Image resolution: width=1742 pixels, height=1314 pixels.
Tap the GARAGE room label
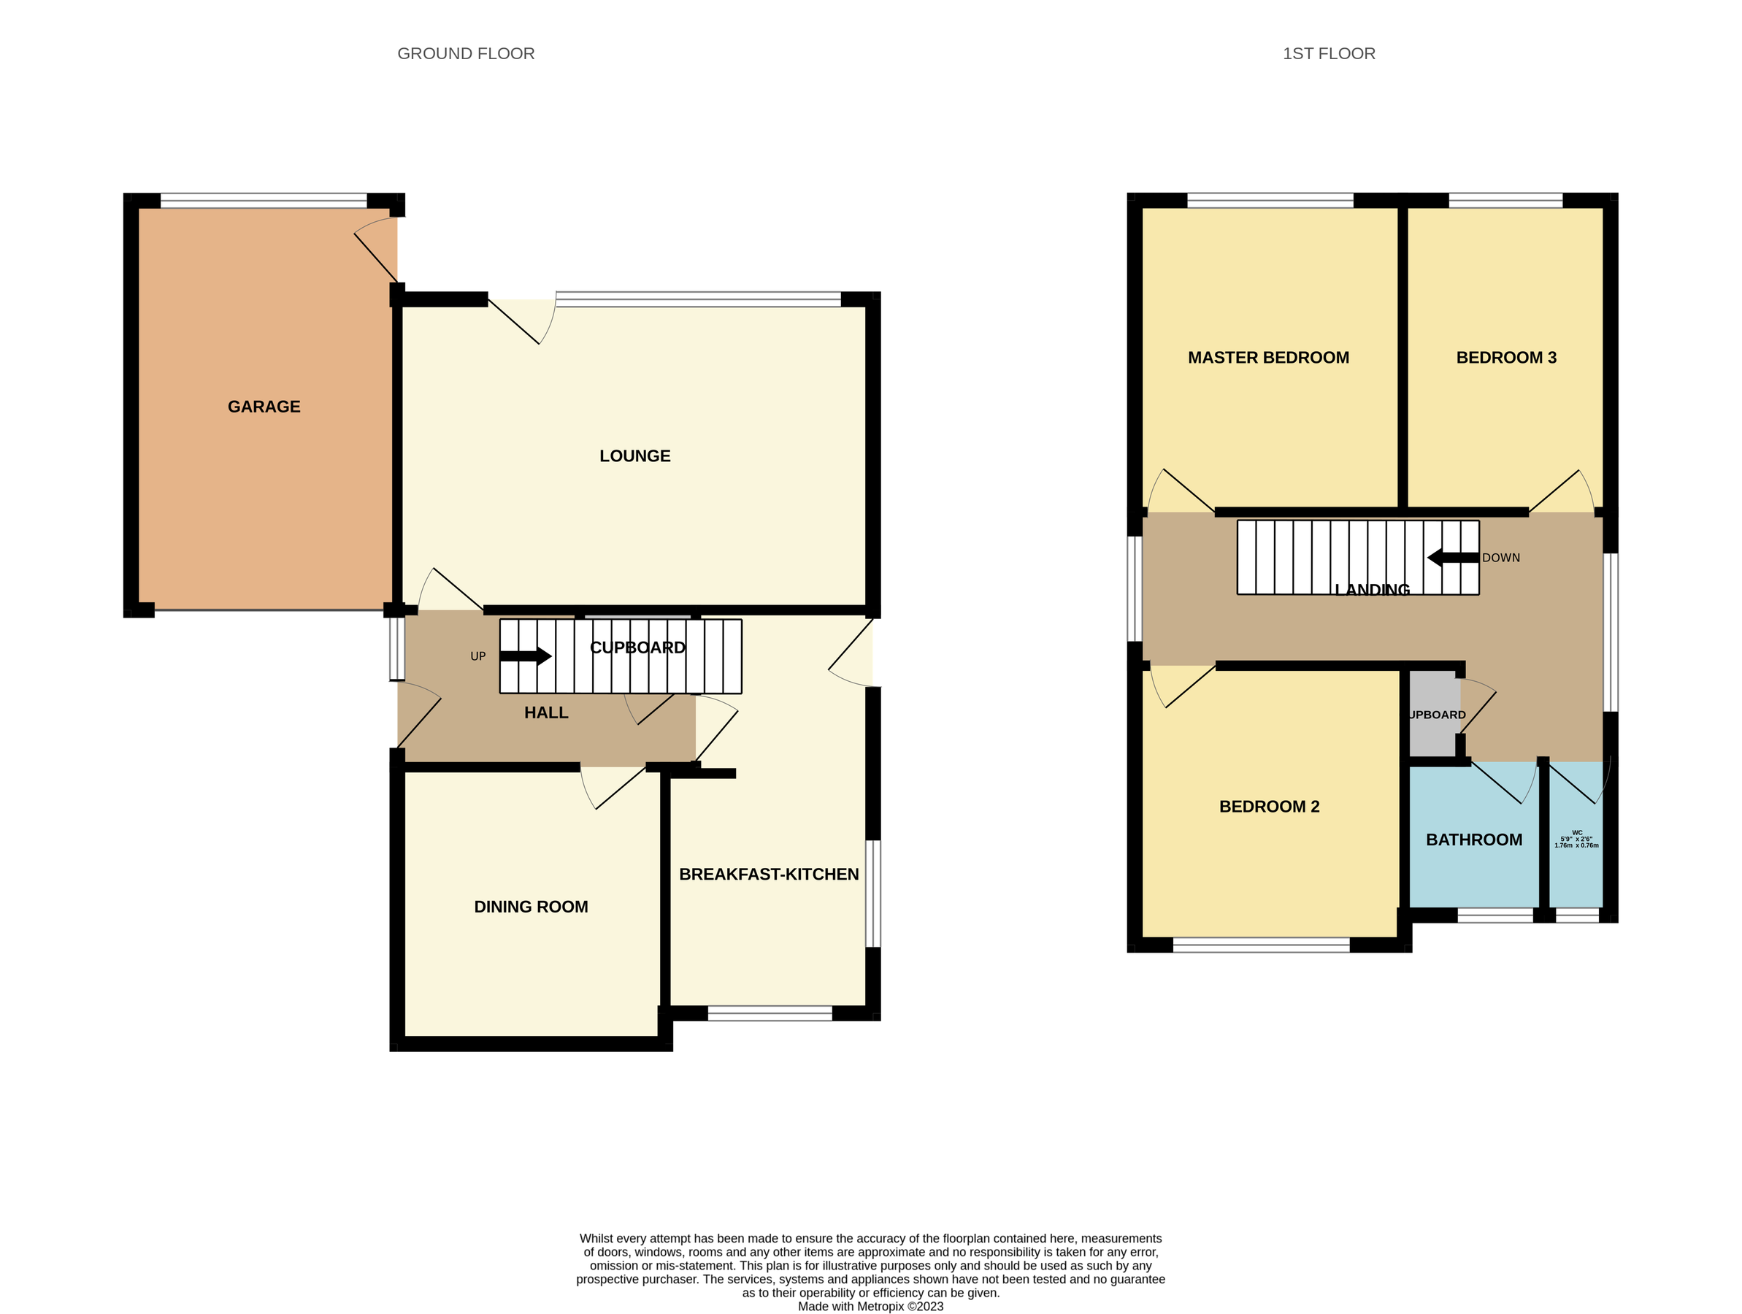pyautogui.click(x=264, y=407)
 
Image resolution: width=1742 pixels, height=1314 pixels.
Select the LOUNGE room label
pyautogui.click(x=634, y=456)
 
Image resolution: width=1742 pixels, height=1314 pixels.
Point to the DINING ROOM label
pyautogui.click(x=531, y=906)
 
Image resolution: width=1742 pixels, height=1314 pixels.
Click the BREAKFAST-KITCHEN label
pyautogui.click(x=768, y=874)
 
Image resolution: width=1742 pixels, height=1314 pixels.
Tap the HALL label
pyautogui.click(x=546, y=712)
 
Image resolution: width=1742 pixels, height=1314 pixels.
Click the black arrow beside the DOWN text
pyautogui.click(x=1452, y=558)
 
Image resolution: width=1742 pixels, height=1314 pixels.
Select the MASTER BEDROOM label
pyautogui.click(x=1268, y=358)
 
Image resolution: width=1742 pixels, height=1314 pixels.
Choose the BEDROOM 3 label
pyautogui.click(x=1505, y=358)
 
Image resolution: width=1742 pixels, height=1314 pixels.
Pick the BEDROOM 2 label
pyautogui.click(x=1269, y=806)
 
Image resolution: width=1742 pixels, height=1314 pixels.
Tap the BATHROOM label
pyautogui.click(x=1473, y=839)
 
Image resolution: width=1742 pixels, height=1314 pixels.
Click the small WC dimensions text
pyautogui.click(x=1576, y=839)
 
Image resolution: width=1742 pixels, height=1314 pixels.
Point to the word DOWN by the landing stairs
pyautogui.click(x=1500, y=558)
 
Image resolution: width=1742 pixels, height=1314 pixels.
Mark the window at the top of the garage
pyautogui.click(x=263, y=201)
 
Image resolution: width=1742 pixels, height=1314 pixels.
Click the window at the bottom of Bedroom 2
pyautogui.click(x=1261, y=945)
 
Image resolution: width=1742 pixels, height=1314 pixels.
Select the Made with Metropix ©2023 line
pyautogui.click(x=870, y=1306)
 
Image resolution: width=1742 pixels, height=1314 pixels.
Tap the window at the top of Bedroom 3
pyautogui.click(x=1505, y=201)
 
